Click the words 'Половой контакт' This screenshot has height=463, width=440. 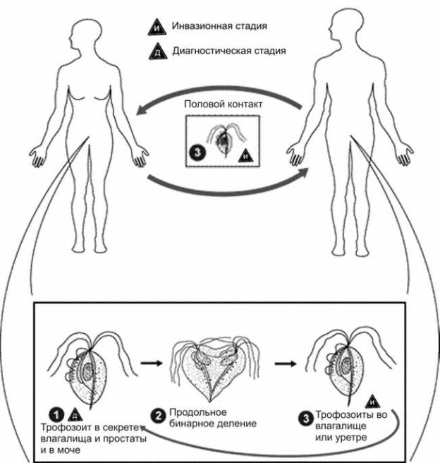(x=223, y=104)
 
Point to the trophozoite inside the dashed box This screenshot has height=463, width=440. (x=224, y=140)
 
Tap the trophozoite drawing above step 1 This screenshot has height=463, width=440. (x=90, y=367)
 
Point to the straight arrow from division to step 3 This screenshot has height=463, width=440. (x=284, y=364)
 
